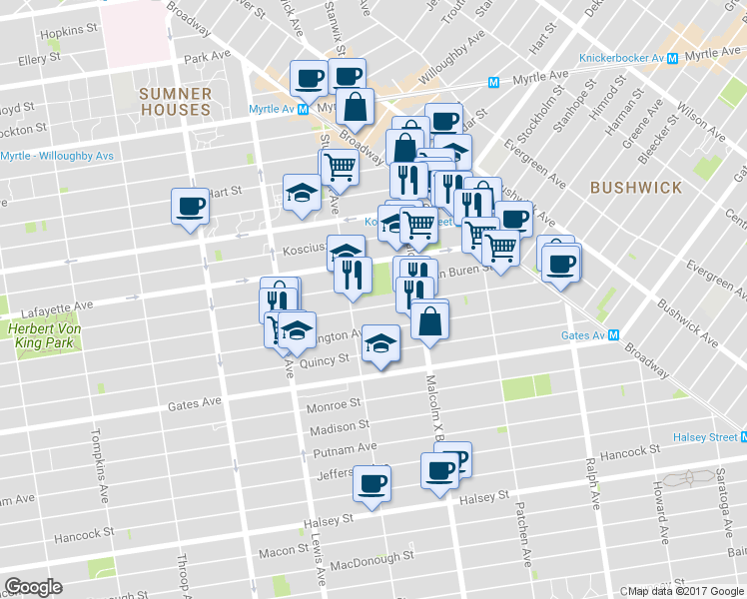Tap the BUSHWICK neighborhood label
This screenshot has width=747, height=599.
coord(635,187)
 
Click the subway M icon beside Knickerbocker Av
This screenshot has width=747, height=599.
coord(674,58)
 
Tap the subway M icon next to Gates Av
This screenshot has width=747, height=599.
coord(615,335)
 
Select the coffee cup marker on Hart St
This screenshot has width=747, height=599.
coord(190,206)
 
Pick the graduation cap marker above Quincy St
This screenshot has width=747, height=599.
coord(379,342)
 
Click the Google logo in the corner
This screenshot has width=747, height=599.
coord(34,587)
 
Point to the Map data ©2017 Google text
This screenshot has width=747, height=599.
coord(687,591)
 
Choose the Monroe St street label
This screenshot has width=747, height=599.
coord(333,405)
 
